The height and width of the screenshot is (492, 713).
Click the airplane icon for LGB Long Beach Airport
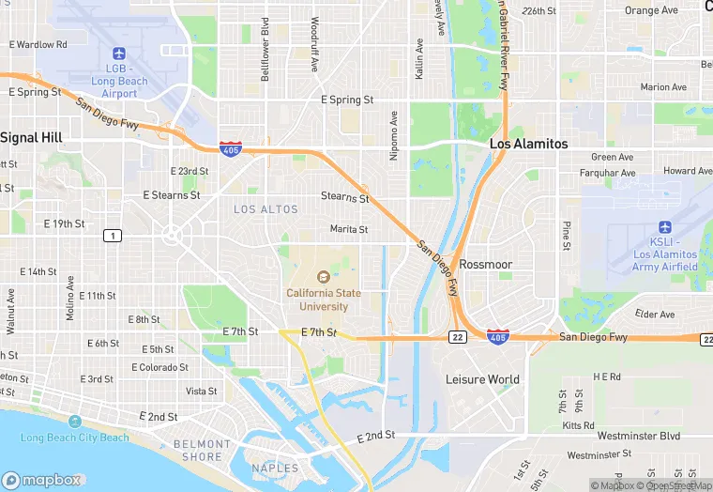pos(118,53)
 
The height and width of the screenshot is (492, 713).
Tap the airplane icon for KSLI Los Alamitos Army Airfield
pos(665,227)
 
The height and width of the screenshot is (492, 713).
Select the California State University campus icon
pos(323,277)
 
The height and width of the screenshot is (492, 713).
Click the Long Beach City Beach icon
pos(75,422)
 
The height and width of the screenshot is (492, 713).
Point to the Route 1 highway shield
pos(113,236)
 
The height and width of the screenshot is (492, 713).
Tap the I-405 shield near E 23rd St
pos(230,148)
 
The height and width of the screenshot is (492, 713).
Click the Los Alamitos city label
pos(529,144)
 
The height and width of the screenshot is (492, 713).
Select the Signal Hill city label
pos(31,137)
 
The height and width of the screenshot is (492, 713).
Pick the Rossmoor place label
pos(486,265)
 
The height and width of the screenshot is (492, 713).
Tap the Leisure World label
pos(482,380)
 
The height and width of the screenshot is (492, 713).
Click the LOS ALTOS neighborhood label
pos(265,209)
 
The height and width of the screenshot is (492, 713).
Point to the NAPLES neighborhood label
pos(275,468)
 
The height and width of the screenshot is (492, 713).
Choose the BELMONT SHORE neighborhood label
pos(202,450)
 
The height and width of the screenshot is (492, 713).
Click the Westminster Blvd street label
pos(639,436)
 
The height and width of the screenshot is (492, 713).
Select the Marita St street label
pos(349,229)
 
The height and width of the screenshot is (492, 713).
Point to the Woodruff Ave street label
pos(315,45)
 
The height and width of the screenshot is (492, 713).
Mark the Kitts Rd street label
pos(580,426)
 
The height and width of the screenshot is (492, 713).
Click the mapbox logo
pos(42,480)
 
